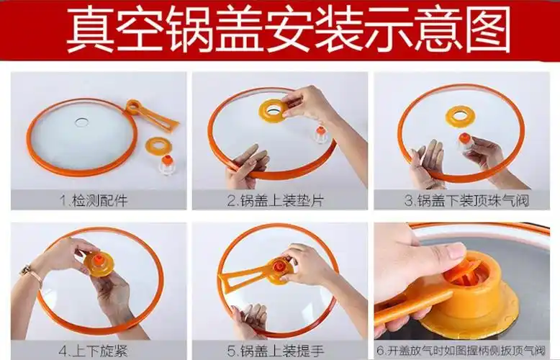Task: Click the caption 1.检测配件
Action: pyautogui.click(x=94, y=200)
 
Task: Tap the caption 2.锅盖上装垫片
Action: pyautogui.click(x=276, y=200)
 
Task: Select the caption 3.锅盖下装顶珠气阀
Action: pyautogui.click(x=466, y=200)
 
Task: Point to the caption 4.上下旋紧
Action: pyautogui.click(x=94, y=351)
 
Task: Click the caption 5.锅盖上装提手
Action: pyautogui.click(x=276, y=351)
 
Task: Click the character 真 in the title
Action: pyautogui.click(x=90, y=30)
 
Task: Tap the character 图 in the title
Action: pyautogui.click(x=488, y=30)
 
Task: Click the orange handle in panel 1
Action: pyautogui.click(x=151, y=115)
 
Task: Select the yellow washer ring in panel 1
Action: pyautogui.click(x=158, y=145)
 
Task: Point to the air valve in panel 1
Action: pyautogui.click(x=166, y=165)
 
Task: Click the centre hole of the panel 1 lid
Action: pyautogui.click(x=82, y=122)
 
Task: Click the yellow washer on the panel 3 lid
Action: pyautogui.click(x=460, y=116)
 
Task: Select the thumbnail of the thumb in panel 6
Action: pyautogui.click(x=456, y=251)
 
